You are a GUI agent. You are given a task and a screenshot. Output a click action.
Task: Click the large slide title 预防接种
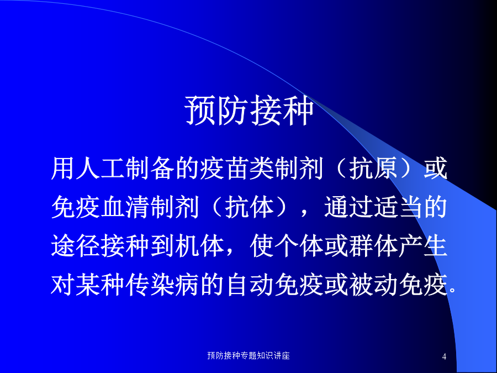click(x=249, y=110)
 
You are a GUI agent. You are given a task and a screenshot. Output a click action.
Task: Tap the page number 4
click(x=444, y=356)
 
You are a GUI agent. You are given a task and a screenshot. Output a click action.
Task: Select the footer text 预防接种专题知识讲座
click(x=248, y=355)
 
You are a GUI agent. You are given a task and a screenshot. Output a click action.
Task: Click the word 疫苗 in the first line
click(x=224, y=168)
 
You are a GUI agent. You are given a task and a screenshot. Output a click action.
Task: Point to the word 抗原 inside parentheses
click(x=373, y=168)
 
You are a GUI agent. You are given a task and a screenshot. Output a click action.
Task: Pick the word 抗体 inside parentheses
click(x=249, y=207)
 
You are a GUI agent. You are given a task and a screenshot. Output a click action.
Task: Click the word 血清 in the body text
click(x=125, y=207)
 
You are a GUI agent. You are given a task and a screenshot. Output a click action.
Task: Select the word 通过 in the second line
click(x=348, y=207)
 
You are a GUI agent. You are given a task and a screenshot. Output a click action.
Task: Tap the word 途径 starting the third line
click(x=76, y=246)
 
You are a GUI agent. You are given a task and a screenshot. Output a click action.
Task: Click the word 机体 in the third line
click(x=200, y=246)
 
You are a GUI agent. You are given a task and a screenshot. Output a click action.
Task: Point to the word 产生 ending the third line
click(x=423, y=246)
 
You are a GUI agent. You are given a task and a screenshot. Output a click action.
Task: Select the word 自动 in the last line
click(x=249, y=285)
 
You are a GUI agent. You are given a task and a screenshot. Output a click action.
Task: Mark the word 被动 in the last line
click(x=373, y=285)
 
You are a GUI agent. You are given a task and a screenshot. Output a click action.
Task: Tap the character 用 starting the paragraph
click(x=63, y=168)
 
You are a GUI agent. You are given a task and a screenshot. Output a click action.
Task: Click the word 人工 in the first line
click(x=101, y=168)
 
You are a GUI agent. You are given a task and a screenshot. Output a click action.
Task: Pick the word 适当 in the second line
click(x=398, y=207)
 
